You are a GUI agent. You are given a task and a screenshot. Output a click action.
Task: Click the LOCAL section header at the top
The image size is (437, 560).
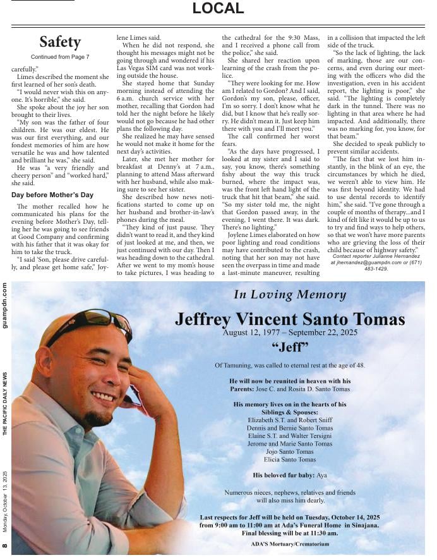click(218, 9)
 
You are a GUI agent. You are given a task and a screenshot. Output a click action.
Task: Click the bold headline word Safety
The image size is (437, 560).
click(60, 42)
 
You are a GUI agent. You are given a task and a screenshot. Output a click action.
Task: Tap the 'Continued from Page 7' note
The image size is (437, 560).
click(60, 57)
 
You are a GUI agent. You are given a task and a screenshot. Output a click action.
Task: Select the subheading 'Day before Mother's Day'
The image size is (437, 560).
click(52, 195)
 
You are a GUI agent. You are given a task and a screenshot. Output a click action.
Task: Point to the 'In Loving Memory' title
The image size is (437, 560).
click(290, 295)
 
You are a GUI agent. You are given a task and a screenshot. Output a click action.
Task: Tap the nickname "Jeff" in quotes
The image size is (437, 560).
click(290, 347)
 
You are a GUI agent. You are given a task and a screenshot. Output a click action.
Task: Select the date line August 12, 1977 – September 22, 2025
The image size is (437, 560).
click(290, 332)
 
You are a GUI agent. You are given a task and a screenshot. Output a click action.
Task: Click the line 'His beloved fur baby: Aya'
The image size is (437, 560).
click(290, 475)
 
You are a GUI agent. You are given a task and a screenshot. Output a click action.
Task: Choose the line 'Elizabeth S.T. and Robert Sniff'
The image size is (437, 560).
click(290, 419)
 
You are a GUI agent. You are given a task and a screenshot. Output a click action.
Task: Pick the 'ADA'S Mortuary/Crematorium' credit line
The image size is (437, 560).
click(290, 544)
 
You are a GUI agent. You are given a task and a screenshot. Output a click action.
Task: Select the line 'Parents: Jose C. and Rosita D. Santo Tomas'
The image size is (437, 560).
click(290, 389)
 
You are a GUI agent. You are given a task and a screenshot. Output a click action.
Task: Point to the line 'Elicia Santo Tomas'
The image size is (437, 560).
click(290, 460)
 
